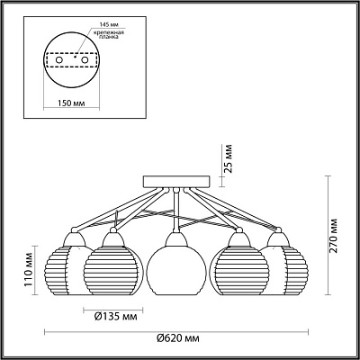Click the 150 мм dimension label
pos(71,103)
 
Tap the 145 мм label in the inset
pos(106,23)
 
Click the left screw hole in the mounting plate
pos(59,60)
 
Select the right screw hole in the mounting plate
pos(85,60)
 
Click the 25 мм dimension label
pos(229,158)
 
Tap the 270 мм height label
pos(334,236)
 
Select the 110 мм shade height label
pos(28,271)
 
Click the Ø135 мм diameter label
pos(115,316)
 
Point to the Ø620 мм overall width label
pos(178,338)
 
